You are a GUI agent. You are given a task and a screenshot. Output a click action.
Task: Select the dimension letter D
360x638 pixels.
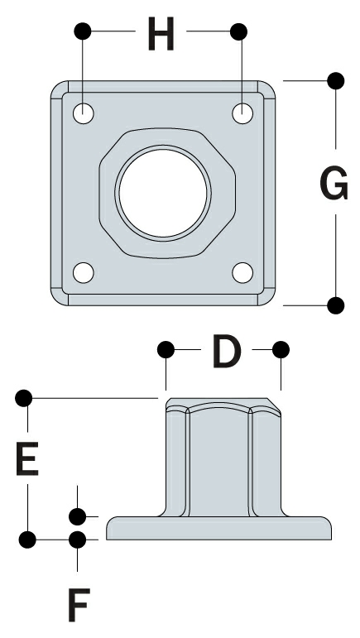pyautogui.click(x=225, y=352)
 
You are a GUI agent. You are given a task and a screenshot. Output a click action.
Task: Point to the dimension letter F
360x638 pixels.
pyautogui.click(x=78, y=607)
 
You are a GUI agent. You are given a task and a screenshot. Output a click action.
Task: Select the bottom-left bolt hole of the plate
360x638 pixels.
pyautogui.click(x=84, y=272)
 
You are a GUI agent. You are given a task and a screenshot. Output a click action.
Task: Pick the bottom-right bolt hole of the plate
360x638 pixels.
pyautogui.click(x=242, y=272)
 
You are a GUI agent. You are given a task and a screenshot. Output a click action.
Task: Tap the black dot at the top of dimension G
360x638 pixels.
pyautogui.click(x=335, y=80)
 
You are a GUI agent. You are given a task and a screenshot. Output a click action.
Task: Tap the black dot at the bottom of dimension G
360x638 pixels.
pyautogui.click(x=335, y=305)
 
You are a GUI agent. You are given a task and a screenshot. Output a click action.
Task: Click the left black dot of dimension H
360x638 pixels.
pyautogui.click(x=83, y=32)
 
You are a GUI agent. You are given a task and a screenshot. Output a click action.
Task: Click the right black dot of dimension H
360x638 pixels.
pyautogui.click(x=239, y=32)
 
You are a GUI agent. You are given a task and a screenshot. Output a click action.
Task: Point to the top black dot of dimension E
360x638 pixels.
pyautogui.click(x=26, y=399)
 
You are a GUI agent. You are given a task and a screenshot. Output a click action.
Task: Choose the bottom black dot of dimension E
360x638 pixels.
pyautogui.click(x=26, y=540)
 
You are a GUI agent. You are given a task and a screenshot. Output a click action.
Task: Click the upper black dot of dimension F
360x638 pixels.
pyautogui.click(x=78, y=517)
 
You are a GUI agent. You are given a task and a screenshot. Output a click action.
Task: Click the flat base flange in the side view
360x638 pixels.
pyautogui.click(x=219, y=528)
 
